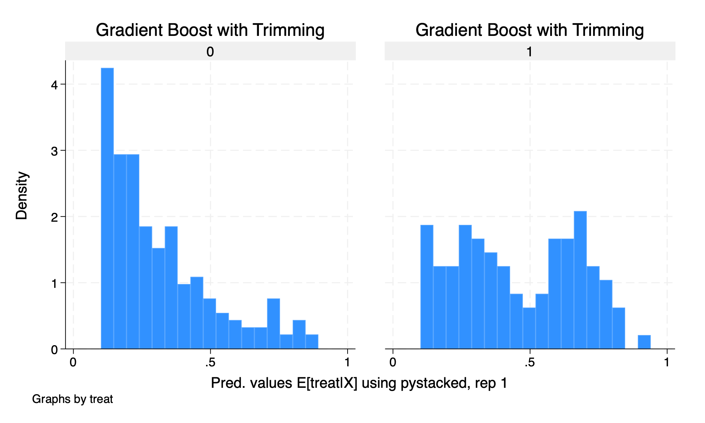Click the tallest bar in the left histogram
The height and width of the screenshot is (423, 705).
point(107,208)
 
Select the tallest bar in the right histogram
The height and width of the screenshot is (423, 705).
point(580,280)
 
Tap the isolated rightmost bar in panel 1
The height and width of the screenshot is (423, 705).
point(644,342)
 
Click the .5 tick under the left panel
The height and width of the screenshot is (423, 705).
point(210,362)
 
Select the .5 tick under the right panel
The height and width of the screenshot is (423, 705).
point(529,362)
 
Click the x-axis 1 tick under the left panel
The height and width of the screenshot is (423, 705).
point(348,362)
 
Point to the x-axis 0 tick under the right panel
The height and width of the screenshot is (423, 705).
point(393,362)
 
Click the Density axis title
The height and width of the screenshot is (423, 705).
point(22,196)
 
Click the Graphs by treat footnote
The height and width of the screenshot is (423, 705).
point(72,399)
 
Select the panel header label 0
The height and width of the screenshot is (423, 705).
point(210,52)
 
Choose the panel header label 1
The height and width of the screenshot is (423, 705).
point(529,52)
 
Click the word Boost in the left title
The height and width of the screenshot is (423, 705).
point(190,30)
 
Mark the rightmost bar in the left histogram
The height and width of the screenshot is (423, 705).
point(312,342)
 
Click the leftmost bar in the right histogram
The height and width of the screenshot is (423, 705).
point(427,287)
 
